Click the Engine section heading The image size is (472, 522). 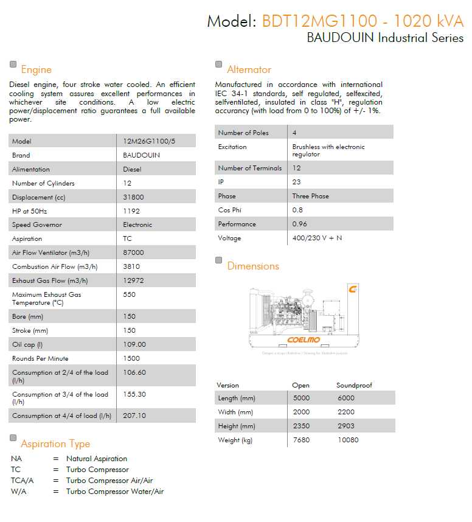tap(36, 69)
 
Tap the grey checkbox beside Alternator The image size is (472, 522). tap(219, 64)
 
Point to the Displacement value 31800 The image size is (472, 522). tap(133, 197)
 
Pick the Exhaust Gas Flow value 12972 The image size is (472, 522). tap(133, 280)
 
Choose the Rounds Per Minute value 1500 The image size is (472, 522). tap(131, 358)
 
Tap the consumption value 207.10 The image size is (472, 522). tap(134, 416)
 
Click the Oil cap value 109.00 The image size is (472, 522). tap(134, 344)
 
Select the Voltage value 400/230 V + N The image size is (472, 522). tap(317, 238)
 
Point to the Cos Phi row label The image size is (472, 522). tap(229, 210)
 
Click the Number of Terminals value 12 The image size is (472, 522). tap(296, 168)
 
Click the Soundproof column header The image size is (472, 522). tap(354, 385)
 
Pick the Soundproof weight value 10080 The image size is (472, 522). tap(348, 440)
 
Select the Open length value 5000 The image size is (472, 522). tap(301, 398)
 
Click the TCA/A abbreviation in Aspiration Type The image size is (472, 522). tap(22, 481)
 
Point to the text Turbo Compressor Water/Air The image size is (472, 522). tap(115, 492)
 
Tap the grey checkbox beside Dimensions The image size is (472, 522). tap(219, 260)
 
